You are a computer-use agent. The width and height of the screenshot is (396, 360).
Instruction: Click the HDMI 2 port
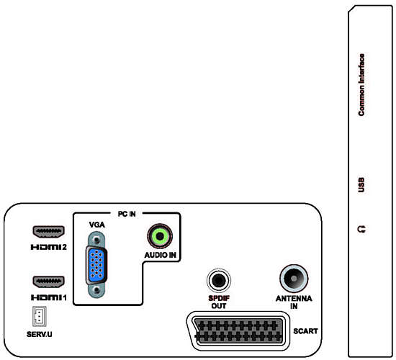(48, 232)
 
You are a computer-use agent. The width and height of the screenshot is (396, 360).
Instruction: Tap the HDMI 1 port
(48, 282)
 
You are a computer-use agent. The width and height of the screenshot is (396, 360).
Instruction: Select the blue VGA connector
(96, 265)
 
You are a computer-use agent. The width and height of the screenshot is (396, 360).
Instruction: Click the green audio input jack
(160, 236)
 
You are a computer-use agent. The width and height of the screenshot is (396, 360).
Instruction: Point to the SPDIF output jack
(219, 280)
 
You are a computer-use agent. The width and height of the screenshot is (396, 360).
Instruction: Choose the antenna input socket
(294, 279)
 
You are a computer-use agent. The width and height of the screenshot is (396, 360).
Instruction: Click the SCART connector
(238, 331)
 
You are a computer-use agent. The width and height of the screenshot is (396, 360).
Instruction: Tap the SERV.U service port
(39, 316)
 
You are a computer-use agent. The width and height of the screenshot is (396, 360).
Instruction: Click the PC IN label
(127, 214)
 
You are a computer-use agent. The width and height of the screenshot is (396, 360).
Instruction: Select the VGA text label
(97, 225)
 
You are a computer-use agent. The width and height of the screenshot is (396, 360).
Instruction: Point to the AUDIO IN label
(160, 255)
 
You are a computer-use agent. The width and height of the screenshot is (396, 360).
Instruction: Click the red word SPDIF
(219, 298)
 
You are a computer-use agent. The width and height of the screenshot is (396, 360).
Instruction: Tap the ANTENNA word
(294, 298)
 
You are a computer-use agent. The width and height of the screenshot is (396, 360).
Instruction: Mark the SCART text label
(305, 331)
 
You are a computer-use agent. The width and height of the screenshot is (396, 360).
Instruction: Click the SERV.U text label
(39, 334)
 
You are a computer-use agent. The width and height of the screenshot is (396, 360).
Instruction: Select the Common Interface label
(361, 85)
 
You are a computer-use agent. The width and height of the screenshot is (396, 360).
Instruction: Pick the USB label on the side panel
(361, 184)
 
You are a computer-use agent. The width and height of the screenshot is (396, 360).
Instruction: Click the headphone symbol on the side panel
(361, 229)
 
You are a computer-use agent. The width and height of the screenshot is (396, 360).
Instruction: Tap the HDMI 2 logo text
(48, 247)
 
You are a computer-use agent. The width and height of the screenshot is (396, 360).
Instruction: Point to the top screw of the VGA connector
(96, 239)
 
